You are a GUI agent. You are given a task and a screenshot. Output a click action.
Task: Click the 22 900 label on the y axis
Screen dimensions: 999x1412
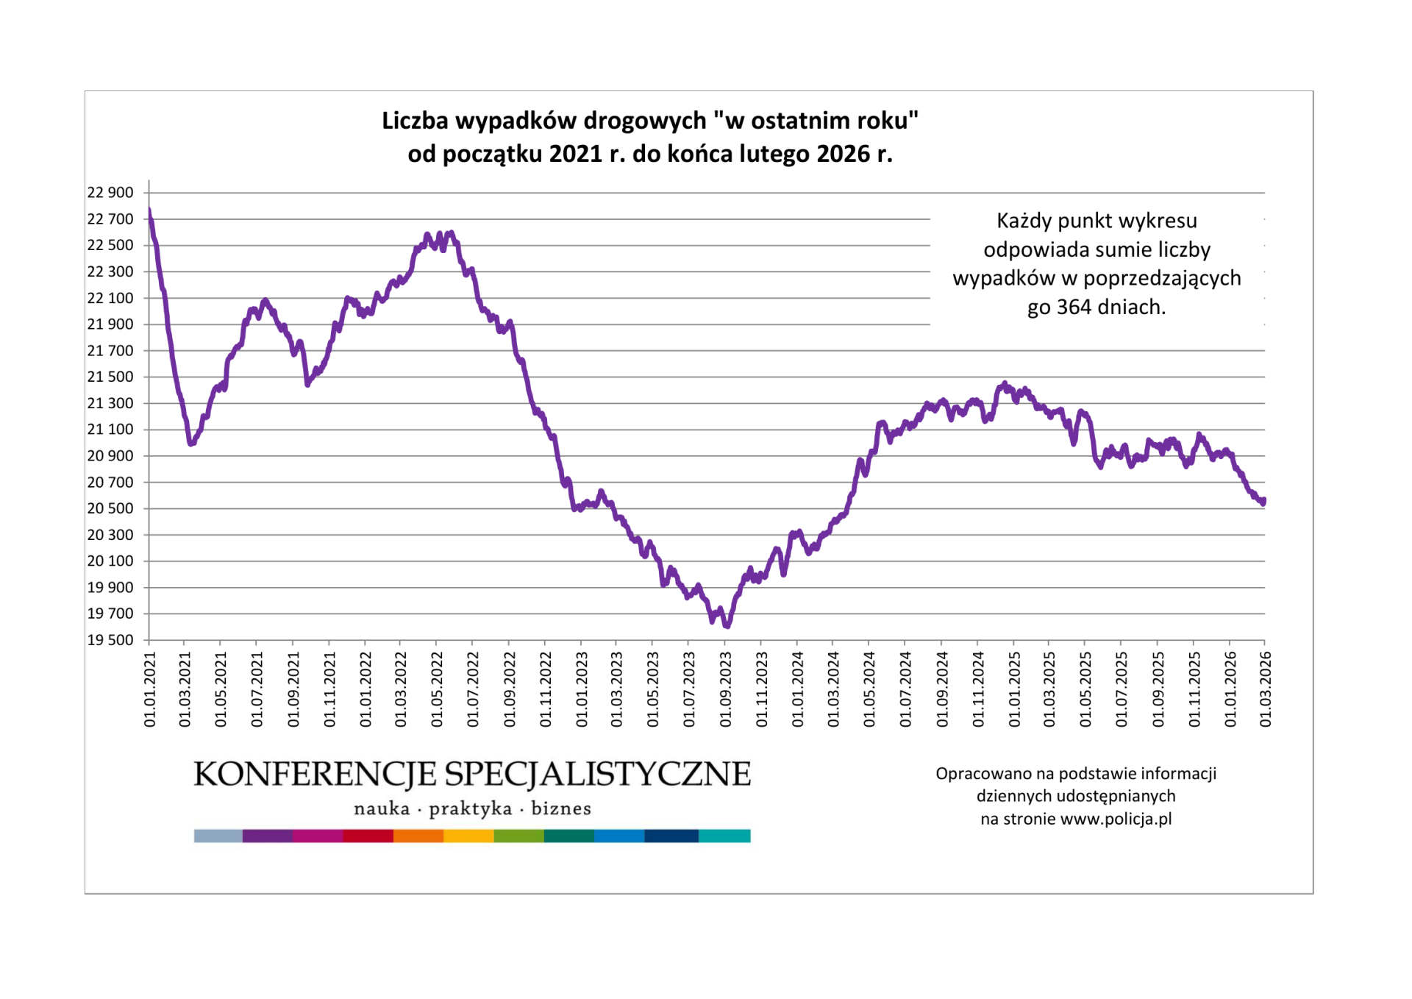[110, 193]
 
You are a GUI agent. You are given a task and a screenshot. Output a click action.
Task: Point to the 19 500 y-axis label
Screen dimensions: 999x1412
[110, 640]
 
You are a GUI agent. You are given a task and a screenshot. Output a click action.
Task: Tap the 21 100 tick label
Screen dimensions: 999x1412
[110, 430]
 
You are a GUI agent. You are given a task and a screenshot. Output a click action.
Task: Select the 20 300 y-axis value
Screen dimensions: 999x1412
[110, 535]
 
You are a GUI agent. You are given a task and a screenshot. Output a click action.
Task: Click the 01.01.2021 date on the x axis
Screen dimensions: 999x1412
[150, 689]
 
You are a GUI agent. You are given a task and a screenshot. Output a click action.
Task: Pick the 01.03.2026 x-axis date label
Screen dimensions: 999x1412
[1265, 689]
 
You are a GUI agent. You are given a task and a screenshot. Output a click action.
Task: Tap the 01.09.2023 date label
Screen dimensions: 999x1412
[726, 689]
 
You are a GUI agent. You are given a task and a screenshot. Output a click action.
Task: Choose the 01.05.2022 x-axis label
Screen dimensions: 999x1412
[437, 689]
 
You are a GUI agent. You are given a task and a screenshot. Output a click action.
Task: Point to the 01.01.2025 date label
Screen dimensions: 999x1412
[1015, 689]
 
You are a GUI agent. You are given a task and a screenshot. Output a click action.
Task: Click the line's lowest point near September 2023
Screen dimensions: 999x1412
[727, 626]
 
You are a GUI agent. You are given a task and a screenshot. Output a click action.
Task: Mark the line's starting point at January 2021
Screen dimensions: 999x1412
[149, 211]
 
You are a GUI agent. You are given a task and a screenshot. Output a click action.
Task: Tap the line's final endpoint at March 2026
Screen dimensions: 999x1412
[1264, 502]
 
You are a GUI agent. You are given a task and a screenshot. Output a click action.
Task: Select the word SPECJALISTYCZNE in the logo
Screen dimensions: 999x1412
[598, 775]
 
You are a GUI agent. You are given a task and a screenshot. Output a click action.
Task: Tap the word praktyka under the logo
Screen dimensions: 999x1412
[471, 808]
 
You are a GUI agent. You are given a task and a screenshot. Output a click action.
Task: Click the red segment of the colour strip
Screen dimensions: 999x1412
[368, 836]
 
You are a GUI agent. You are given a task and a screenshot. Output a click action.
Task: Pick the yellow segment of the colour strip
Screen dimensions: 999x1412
[468, 836]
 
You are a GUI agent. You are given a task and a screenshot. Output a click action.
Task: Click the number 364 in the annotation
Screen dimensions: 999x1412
[1074, 307]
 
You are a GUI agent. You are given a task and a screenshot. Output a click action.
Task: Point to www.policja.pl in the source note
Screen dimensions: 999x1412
[1116, 819]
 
